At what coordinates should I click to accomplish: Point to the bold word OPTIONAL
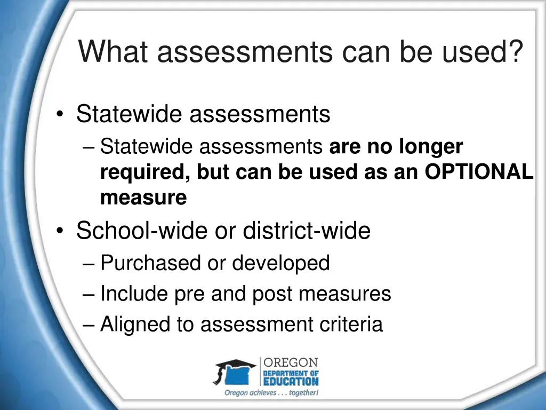pyautogui.click(x=479, y=172)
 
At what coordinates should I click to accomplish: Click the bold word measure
pyautogui.click(x=143, y=198)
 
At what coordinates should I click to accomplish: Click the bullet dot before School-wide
pyautogui.click(x=62, y=232)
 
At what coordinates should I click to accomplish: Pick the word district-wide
pyautogui.click(x=307, y=231)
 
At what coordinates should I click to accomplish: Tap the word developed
pyautogui.click(x=281, y=263)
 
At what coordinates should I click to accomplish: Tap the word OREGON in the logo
pyautogui.click(x=291, y=362)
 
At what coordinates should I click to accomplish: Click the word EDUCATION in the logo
pyautogui.click(x=291, y=381)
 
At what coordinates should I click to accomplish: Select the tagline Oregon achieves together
pyautogui.click(x=271, y=393)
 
